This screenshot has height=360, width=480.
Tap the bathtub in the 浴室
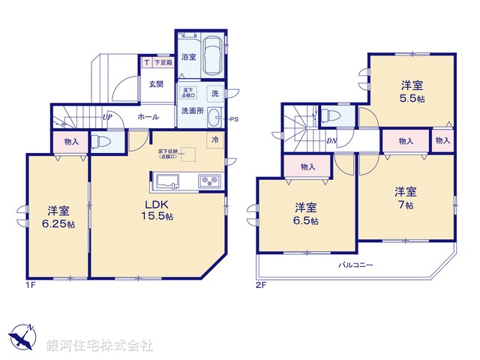pos(211,57)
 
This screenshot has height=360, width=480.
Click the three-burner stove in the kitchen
pos(208,181)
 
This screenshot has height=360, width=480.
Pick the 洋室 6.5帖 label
pos(305,214)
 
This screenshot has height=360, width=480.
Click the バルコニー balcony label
pos(355,265)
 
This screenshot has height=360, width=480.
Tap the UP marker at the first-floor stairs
pos(107,117)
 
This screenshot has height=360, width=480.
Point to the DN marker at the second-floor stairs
pos(331,140)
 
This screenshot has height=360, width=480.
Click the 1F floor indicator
pos(31,285)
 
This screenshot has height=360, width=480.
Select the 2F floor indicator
pos(260,285)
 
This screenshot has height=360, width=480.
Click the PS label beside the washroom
pos(234,119)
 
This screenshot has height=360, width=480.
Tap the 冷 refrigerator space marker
pos(214,139)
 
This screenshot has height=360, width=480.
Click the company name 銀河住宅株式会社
pos(99,346)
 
